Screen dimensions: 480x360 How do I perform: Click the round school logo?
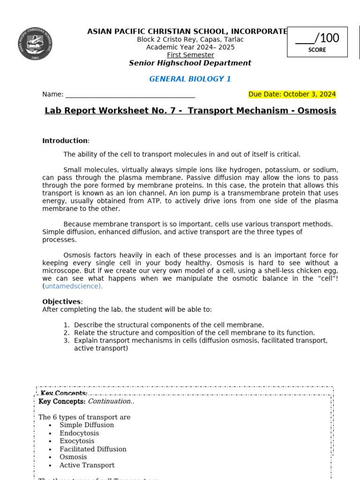35,44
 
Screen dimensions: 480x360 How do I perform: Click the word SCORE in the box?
317,50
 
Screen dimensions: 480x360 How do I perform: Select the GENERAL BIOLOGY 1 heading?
190,79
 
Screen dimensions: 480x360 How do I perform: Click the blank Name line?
130,94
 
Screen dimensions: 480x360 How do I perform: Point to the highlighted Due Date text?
292,94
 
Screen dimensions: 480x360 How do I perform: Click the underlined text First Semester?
190,55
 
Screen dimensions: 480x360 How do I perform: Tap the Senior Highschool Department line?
190,63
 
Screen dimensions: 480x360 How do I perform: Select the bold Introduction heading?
65,141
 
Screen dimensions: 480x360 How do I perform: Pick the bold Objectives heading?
62,301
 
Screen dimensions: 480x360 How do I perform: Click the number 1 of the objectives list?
67,325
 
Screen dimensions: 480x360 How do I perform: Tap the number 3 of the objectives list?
67,341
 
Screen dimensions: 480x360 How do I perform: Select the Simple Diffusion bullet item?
87,425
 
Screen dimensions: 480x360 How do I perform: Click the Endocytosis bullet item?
79,433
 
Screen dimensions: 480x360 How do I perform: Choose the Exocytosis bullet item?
77,441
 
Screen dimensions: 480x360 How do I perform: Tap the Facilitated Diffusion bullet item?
93,449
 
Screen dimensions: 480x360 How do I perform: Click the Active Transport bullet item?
87,465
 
